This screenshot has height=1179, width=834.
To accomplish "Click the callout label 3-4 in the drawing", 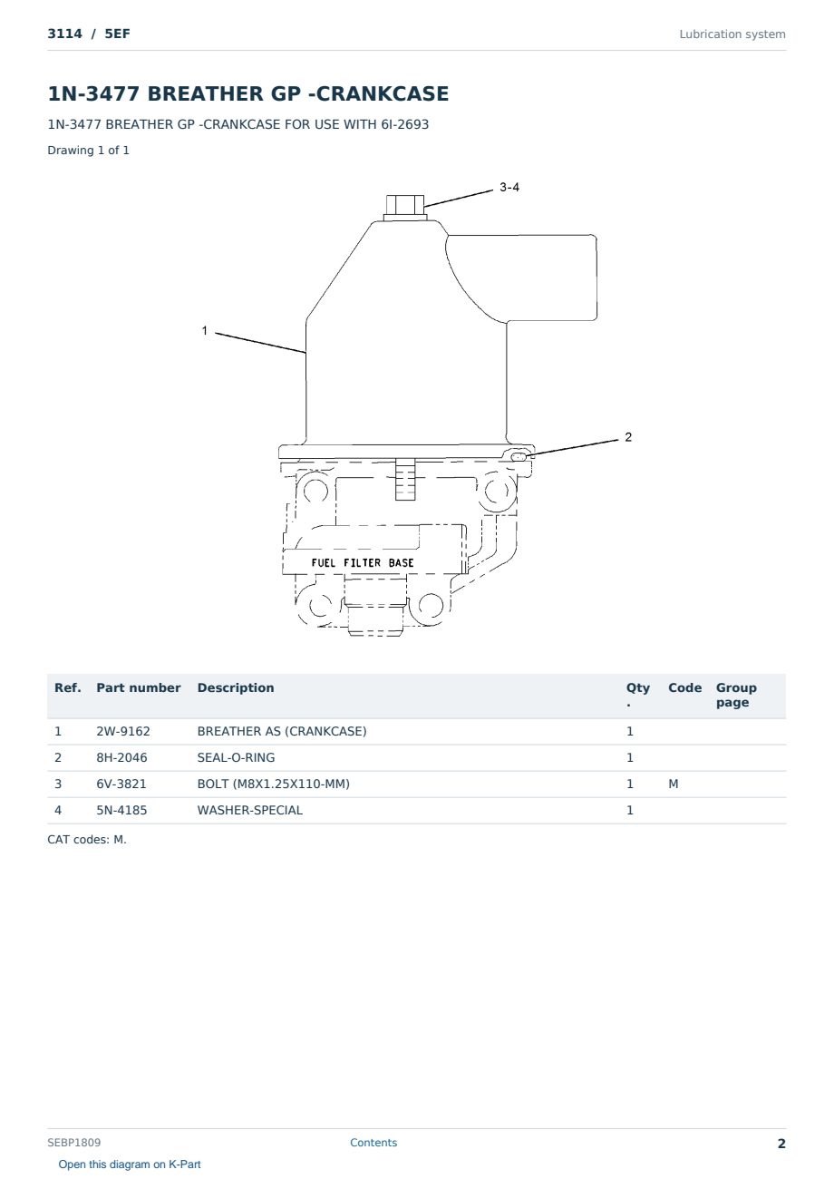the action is (509, 188).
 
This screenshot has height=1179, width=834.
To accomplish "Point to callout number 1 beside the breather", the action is (205, 330).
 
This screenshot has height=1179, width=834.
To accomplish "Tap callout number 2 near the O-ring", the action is (627, 437).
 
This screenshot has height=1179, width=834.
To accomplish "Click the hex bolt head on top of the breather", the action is (404, 205).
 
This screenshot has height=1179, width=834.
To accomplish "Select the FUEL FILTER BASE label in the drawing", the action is (362, 562).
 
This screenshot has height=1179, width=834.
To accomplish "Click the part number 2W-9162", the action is (123, 731).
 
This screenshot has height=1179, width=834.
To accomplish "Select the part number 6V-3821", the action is (121, 784).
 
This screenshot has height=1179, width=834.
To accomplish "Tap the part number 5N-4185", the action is (121, 810).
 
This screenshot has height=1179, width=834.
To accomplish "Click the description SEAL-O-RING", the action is (236, 757).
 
